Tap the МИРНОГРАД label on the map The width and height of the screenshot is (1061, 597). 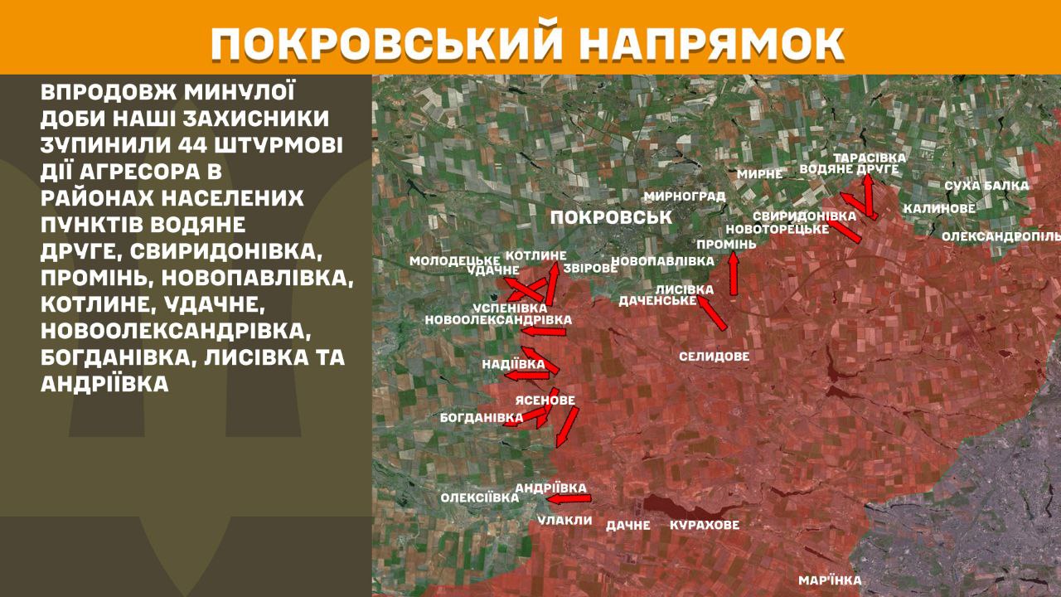click(684, 197)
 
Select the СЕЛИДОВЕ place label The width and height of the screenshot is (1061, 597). click(714, 357)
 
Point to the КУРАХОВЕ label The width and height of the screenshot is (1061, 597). click(704, 525)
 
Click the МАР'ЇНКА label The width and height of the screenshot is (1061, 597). click(829, 580)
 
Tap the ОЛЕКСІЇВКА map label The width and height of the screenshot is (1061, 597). click(479, 498)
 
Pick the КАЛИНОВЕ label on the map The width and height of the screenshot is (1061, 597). click(939, 208)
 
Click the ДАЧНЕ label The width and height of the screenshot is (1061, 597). click(627, 525)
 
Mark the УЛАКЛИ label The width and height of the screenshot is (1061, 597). click(564, 520)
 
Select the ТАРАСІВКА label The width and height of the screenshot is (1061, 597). click(870, 158)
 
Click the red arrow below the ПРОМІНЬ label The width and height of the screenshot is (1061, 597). click(734, 274)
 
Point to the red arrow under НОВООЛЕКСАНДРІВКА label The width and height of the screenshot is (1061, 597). click(543, 332)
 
